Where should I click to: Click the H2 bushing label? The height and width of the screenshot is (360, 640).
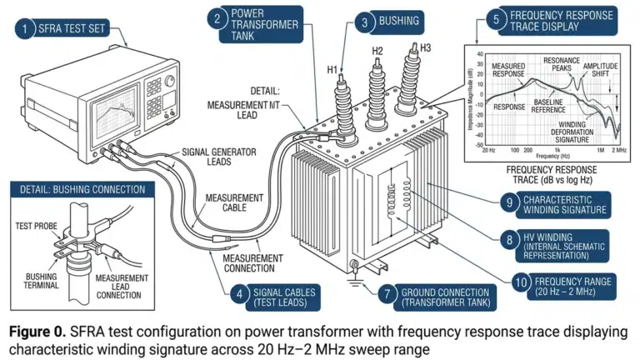(x=377, y=52)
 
